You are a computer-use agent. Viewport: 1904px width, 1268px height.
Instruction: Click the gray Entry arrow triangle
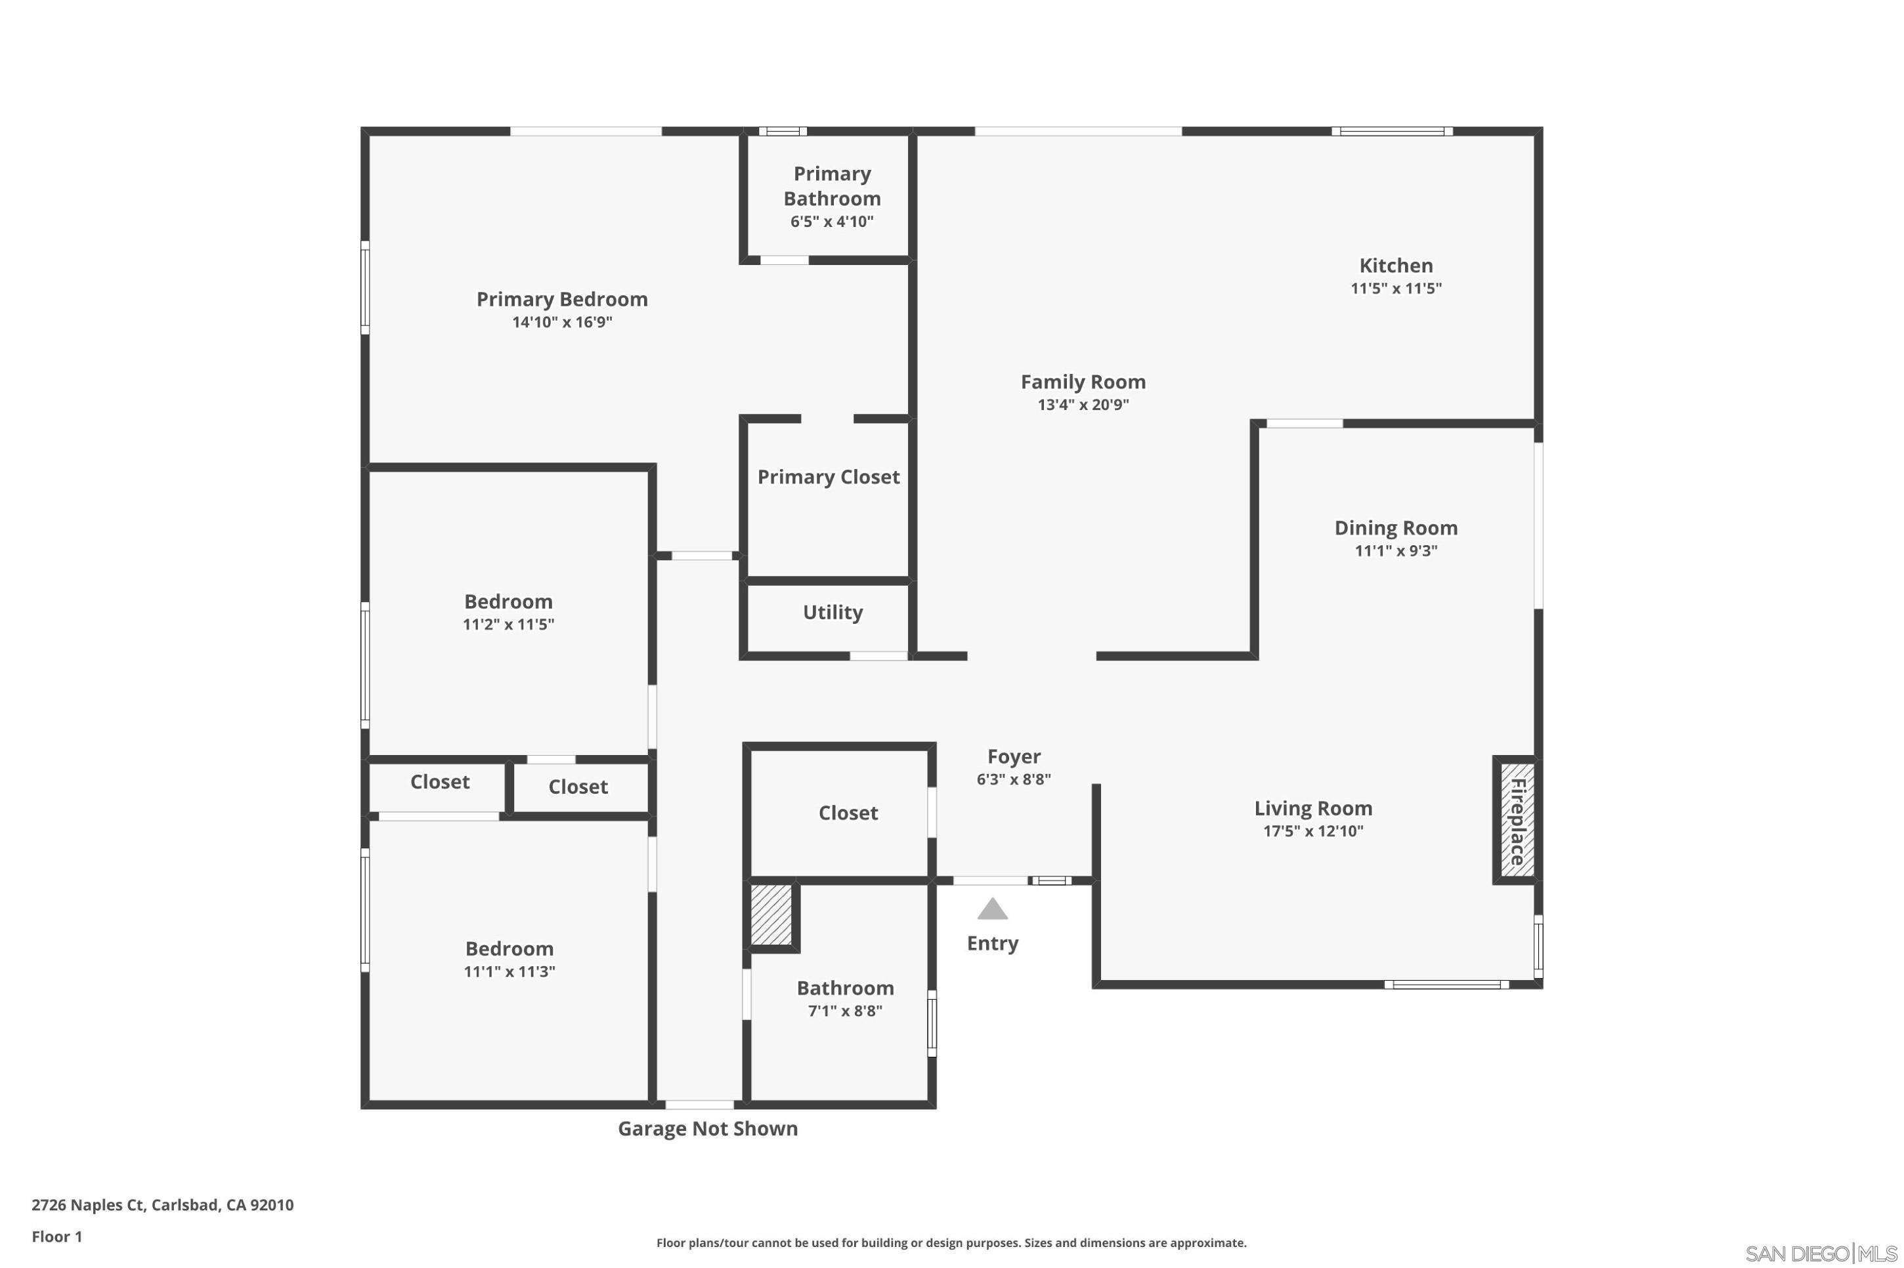click(x=992, y=909)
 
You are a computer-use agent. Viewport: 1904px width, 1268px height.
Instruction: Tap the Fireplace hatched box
click(x=1517, y=820)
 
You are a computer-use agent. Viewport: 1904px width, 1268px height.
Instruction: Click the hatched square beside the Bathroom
click(x=771, y=914)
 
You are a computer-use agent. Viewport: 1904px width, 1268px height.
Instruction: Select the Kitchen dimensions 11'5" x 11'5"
click(x=1396, y=289)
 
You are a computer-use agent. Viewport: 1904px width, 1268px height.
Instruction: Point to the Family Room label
click(x=1083, y=382)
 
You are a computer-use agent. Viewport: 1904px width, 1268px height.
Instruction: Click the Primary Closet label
click(x=828, y=477)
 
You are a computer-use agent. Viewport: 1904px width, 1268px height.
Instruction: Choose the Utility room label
click(x=833, y=612)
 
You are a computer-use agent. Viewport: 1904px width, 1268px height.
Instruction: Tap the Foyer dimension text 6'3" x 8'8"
click(x=1013, y=779)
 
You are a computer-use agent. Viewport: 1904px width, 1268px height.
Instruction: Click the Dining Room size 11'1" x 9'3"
click(x=1396, y=552)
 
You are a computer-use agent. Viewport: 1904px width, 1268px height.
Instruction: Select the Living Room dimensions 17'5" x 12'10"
click(x=1313, y=831)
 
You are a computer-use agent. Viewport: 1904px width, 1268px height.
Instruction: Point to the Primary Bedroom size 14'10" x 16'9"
click(x=561, y=323)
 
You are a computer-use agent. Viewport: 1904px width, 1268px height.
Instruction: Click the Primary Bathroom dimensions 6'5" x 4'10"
click(x=832, y=222)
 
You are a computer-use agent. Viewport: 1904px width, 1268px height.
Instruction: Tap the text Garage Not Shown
click(x=708, y=1129)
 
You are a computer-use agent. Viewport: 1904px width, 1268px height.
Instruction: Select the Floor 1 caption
click(x=56, y=1237)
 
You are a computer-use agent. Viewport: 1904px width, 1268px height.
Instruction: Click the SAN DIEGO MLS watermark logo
click(x=1821, y=1254)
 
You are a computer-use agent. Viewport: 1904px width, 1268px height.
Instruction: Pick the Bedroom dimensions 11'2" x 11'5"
click(x=508, y=625)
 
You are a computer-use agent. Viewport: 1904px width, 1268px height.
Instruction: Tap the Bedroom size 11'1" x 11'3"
click(x=509, y=972)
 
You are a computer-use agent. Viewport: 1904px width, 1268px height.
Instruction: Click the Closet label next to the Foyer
click(x=848, y=813)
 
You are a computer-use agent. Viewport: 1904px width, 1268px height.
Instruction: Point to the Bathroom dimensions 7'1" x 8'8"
click(x=845, y=1011)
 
